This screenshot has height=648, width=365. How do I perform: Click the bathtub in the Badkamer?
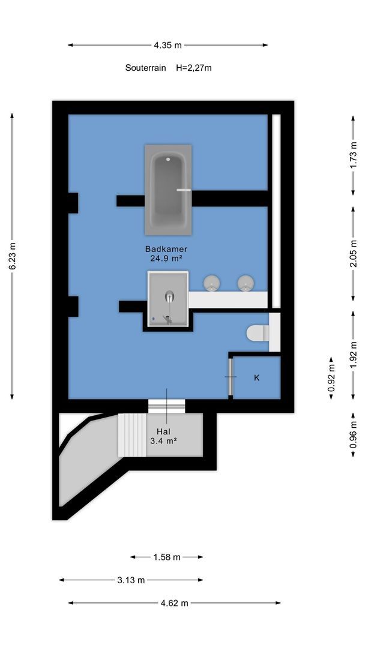pyautogui.click(x=168, y=190)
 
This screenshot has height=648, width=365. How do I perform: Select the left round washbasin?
pyautogui.click(x=212, y=283)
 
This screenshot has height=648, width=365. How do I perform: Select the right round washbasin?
pyautogui.click(x=246, y=283)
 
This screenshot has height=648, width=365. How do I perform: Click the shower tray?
pyautogui.click(x=168, y=298)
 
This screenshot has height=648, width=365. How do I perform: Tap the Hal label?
pyautogui.click(x=164, y=431)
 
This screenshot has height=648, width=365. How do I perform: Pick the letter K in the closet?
pyautogui.click(x=257, y=378)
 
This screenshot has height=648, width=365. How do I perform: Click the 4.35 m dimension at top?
pyautogui.click(x=168, y=46)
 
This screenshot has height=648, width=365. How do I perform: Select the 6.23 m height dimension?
pyautogui.click(x=13, y=256)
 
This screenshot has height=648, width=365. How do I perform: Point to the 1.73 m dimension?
pyautogui.click(x=352, y=155)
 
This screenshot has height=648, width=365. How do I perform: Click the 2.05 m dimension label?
pyautogui.click(x=353, y=253)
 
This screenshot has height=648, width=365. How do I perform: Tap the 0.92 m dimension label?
pyautogui.click(x=331, y=378)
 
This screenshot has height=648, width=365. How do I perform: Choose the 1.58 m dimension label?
pyautogui.click(x=167, y=557)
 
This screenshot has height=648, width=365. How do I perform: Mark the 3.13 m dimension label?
pyautogui.click(x=131, y=580)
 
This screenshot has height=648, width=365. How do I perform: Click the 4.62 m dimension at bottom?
pyautogui.click(x=175, y=604)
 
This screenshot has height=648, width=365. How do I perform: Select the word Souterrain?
pyautogui.click(x=145, y=68)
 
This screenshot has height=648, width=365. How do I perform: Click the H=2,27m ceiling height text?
pyautogui.click(x=194, y=68)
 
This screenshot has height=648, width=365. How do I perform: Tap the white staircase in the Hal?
pyautogui.click(x=132, y=435)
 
